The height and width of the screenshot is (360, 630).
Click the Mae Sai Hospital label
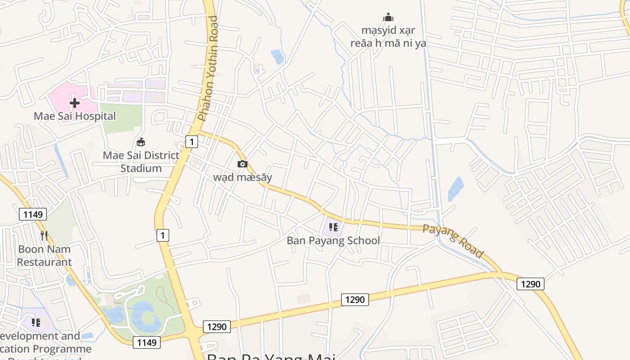click(x=75, y=116)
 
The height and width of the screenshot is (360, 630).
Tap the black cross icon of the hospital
click(x=75, y=103)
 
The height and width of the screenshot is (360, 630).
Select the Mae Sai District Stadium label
click(x=141, y=162)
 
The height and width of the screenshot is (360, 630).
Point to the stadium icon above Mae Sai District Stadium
click(x=141, y=142)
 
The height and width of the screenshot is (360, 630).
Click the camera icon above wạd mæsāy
click(x=242, y=164)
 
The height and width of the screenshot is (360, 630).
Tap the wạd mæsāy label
click(x=243, y=177)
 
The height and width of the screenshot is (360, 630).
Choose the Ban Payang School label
click(x=333, y=241)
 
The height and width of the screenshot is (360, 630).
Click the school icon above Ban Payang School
click(x=333, y=227)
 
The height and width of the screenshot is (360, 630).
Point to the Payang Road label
click(x=453, y=241)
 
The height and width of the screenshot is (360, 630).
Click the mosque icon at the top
click(x=388, y=18)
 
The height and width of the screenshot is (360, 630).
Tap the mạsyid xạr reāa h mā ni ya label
click(x=388, y=37)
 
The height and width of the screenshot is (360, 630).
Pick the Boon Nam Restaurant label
click(x=44, y=256)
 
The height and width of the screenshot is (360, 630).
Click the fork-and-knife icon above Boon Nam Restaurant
click(x=44, y=235)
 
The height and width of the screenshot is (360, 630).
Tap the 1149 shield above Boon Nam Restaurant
click(x=33, y=214)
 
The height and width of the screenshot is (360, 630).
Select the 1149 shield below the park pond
click(x=147, y=343)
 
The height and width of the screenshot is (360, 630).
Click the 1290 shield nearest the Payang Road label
click(x=531, y=284)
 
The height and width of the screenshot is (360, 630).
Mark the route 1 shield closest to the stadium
click(x=192, y=142)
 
